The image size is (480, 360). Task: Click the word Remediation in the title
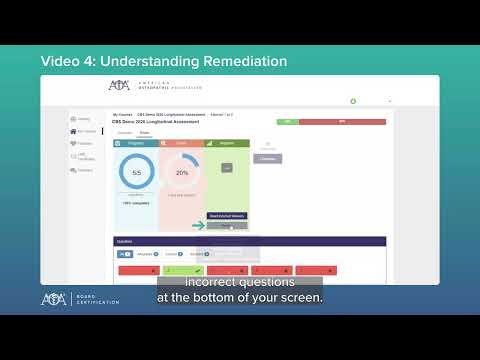[x=235, y=62]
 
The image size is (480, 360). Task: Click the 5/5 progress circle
[x=136, y=173]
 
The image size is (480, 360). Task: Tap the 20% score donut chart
[x=182, y=173]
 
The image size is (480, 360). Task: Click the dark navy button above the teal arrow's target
[x=228, y=216]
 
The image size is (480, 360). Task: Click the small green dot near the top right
[x=353, y=101]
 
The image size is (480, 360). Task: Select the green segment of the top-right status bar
[x=288, y=121]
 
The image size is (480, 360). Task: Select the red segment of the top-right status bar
[x=343, y=121]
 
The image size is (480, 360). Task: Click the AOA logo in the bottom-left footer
[x=54, y=299]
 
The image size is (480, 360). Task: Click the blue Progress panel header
[x=136, y=143]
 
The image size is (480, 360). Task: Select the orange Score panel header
[x=182, y=143]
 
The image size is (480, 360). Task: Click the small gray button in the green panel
[x=227, y=167]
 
